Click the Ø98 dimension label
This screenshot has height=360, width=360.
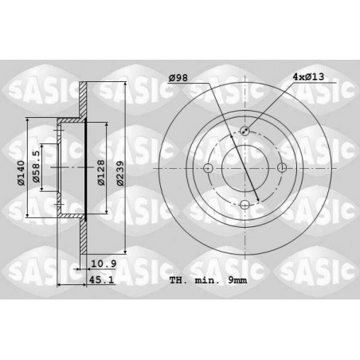[178, 77]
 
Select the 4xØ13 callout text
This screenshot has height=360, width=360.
[308, 76]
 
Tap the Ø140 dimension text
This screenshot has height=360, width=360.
[21, 173]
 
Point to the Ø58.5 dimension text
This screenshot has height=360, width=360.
[36, 166]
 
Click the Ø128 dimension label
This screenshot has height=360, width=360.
[101, 173]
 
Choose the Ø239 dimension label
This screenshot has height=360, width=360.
[120, 173]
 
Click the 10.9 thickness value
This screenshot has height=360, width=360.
[104, 264]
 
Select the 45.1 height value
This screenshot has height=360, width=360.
[101, 280]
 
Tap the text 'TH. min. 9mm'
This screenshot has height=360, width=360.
[208, 280]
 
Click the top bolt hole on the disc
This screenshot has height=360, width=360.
[245, 131]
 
